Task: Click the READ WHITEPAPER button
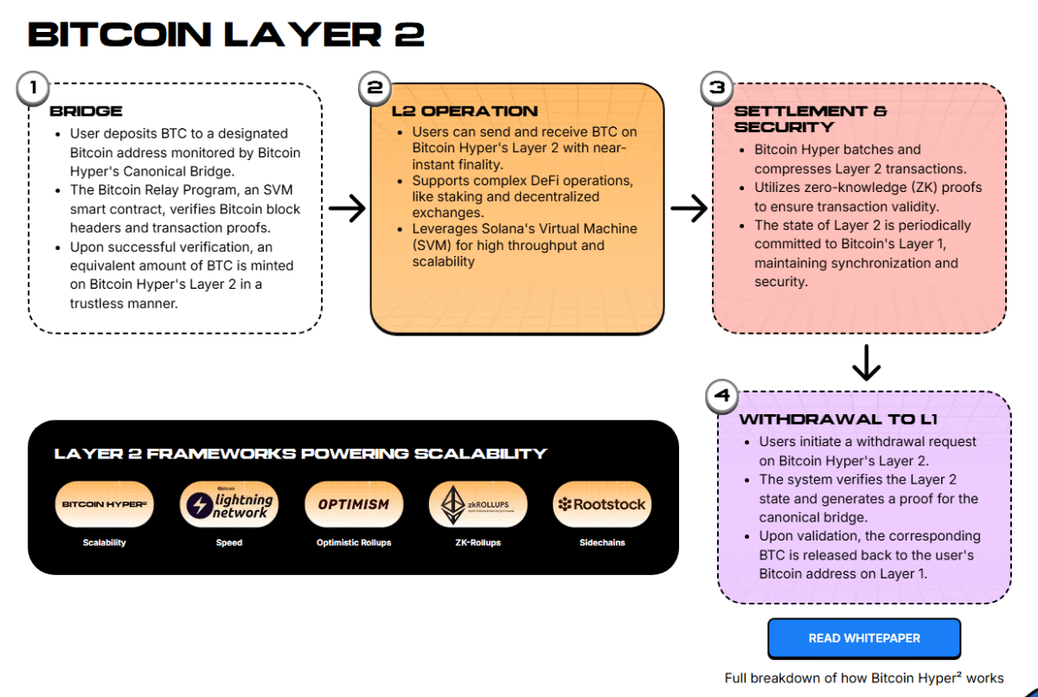click(x=863, y=638)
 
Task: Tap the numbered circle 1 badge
click(x=33, y=88)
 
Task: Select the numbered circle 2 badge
click(x=375, y=88)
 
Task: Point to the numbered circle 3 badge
click(x=717, y=88)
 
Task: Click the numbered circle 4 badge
click(x=722, y=397)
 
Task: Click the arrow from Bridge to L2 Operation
click(x=347, y=208)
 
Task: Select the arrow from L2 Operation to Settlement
click(x=689, y=208)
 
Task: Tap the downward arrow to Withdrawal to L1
click(x=865, y=363)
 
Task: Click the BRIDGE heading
click(x=86, y=112)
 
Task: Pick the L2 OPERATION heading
click(x=465, y=112)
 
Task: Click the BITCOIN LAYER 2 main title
click(x=226, y=35)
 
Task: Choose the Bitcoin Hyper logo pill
click(x=105, y=504)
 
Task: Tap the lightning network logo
click(x=229, y=504)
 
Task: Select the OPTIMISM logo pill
click(x=353, y=504)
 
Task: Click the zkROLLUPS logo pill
click(x=477, y=504)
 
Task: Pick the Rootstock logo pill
click(x=602, y=504)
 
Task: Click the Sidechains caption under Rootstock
click(x=602, y=543)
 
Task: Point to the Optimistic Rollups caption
click(x=353, y=543)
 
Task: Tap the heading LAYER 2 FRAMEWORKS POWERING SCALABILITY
click(x=300, y=454)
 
